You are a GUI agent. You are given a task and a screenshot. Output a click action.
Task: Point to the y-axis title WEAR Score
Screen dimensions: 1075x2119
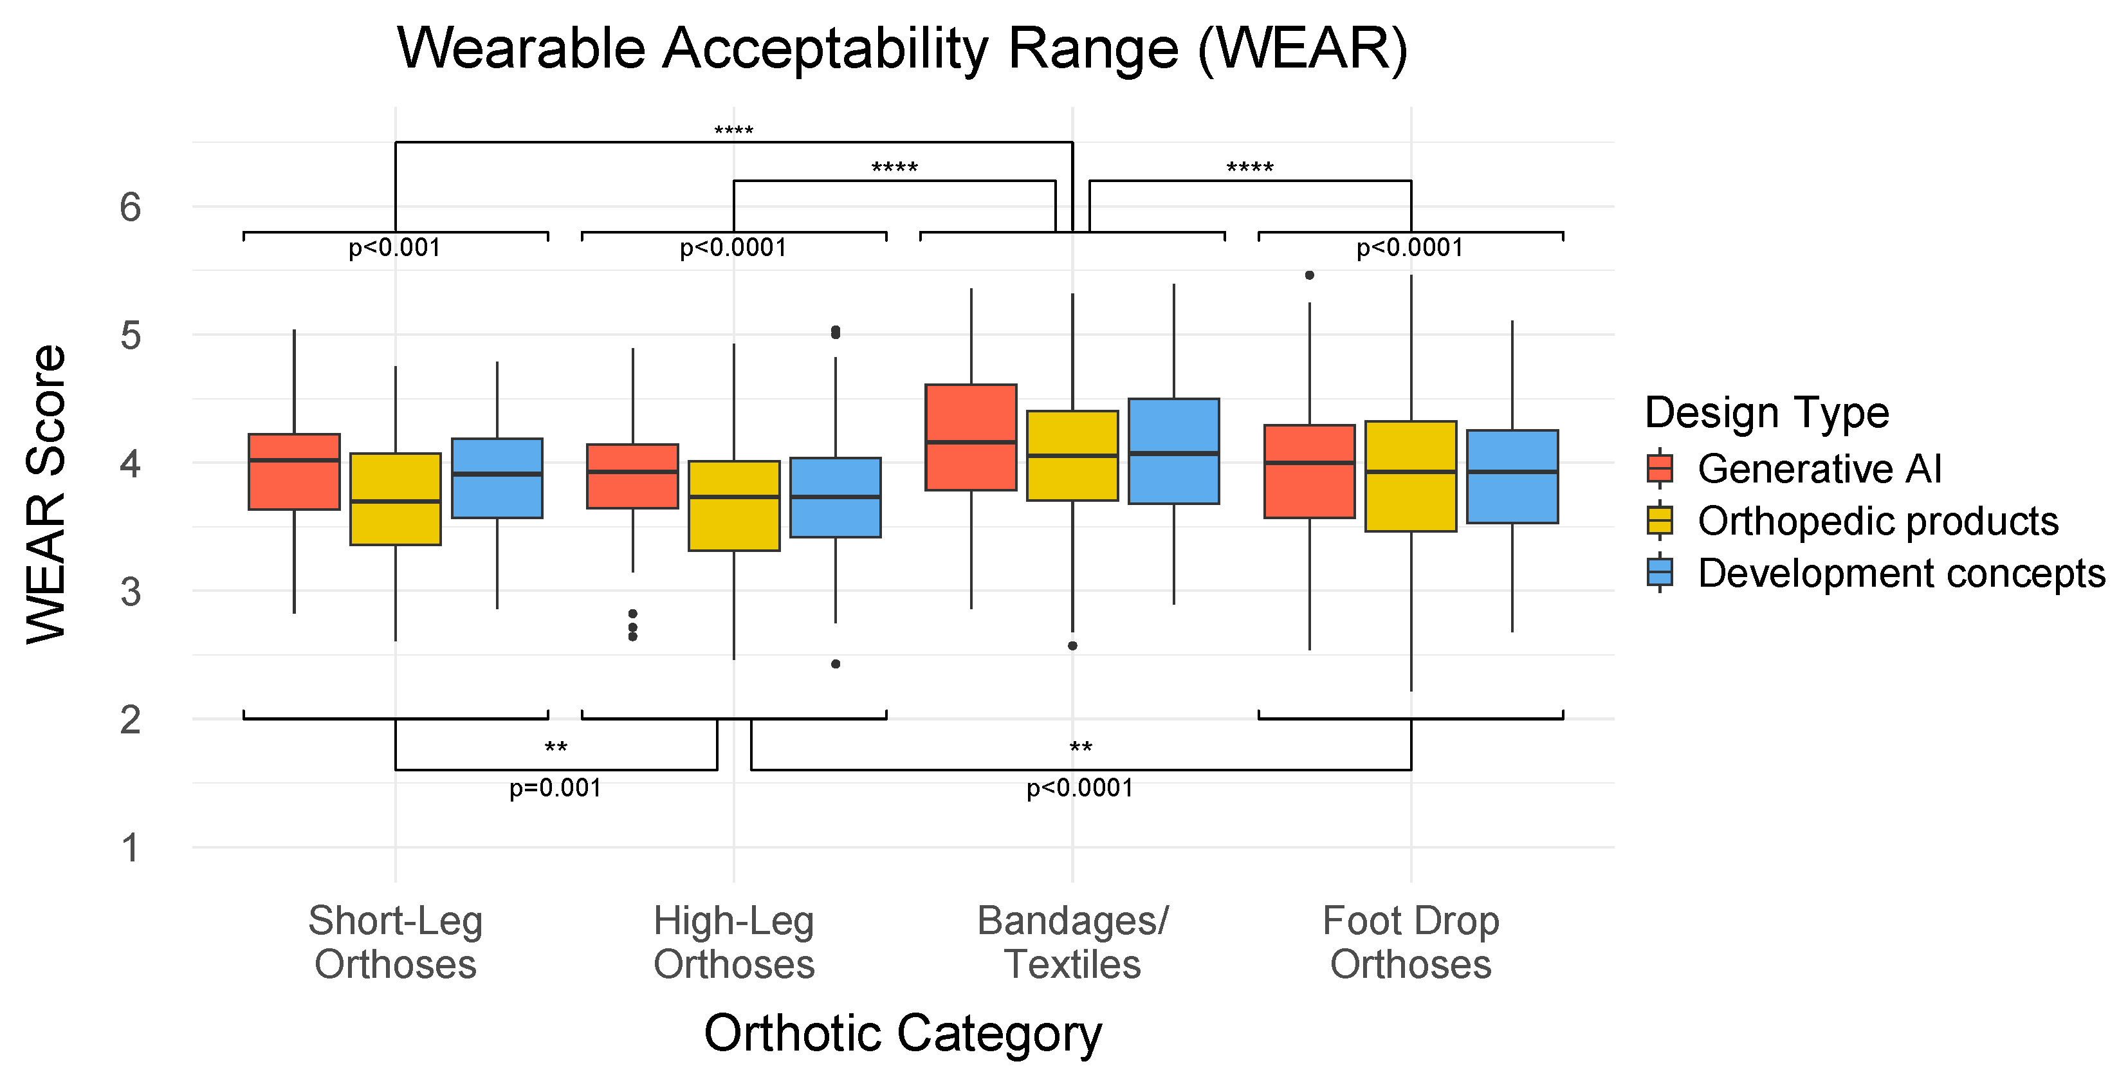[46, 493]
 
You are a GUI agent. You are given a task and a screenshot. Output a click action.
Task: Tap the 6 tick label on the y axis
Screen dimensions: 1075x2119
[130, 207]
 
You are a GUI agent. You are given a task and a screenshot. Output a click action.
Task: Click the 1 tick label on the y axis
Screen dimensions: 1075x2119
[130, 847]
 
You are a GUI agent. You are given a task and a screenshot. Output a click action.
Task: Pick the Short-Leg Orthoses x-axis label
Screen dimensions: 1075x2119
[395, 942]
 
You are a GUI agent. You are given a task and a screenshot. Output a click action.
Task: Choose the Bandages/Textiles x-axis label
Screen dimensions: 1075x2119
[1072, 942]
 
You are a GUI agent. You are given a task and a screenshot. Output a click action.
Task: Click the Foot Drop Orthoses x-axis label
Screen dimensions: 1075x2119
[1411, 942]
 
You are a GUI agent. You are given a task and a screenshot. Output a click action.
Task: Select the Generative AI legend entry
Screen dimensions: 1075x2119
[1819, 469]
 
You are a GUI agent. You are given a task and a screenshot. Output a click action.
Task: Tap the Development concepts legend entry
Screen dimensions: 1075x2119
[1901, 573]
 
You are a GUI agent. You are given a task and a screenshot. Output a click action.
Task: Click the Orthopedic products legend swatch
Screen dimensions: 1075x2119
[1660, 520]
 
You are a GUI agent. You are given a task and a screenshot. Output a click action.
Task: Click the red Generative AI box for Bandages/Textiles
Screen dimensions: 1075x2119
[971, 437]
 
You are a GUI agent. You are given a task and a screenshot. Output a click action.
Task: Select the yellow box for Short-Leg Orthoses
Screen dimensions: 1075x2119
[395, 499]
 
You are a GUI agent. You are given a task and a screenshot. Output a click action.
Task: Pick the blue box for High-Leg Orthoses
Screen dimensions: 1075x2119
[835, 497]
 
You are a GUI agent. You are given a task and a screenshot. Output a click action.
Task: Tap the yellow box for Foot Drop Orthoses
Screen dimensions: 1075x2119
[1411, 475]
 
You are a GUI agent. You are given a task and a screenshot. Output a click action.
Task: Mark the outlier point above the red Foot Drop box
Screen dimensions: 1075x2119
[1310, 275]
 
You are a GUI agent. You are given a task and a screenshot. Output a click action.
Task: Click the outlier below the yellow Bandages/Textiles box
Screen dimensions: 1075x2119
[1072, 646]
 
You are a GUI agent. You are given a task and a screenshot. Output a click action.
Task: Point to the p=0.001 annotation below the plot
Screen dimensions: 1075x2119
[555, 788]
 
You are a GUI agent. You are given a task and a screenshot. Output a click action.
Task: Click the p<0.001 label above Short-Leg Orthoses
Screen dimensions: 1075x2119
[395, 248]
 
